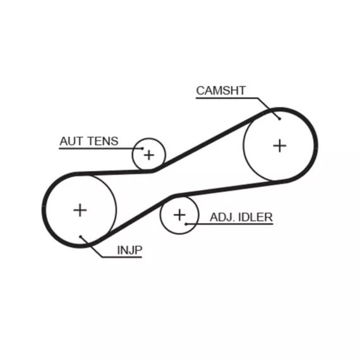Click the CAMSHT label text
pos(221,90)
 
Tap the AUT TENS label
pos(89,141)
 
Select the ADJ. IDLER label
pos(241,217)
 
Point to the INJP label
pos(129,250)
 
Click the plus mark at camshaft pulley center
pos(280,146)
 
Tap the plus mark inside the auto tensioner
pos(149,155)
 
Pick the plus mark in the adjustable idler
pos(179,215)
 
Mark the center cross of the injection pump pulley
pos(80,210)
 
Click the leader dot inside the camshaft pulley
pos(279,119)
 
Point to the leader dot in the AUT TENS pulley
pos(143,148)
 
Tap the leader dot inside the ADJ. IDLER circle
pos(186,224)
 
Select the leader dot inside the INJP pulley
pos(80,236)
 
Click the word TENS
pos(103,141)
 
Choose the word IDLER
pos(256,217)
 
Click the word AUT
pos(71,141)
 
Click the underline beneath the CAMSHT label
pos(227,99)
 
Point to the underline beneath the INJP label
pos(122,257)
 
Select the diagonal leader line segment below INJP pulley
pos(91,247)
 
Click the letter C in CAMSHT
pos(200,90)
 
